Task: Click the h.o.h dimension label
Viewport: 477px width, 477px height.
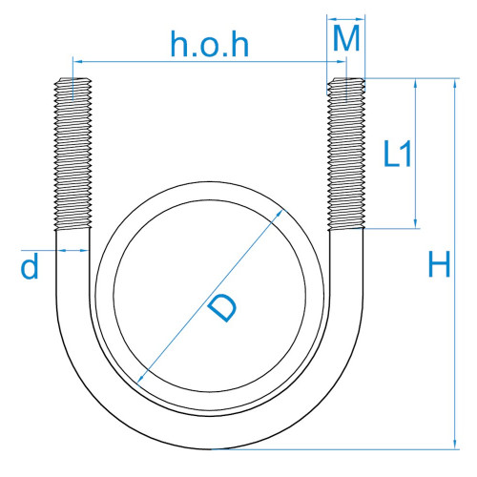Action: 210,44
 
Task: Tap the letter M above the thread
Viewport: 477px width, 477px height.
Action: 346,38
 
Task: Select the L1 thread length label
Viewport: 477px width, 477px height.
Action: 398,154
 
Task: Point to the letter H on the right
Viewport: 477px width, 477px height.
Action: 439,264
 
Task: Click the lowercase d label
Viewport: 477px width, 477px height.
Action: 30,266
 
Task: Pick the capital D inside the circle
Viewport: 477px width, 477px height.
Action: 222,308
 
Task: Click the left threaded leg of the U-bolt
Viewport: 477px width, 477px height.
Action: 73,154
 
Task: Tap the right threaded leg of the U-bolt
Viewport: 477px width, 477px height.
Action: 346,154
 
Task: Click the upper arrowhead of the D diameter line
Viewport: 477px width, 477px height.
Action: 279,214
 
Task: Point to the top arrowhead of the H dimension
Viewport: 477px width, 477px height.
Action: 455,83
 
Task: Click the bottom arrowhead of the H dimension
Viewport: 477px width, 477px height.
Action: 455,444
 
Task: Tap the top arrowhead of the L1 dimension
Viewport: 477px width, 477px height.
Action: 415,84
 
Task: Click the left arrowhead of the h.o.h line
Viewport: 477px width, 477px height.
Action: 78,61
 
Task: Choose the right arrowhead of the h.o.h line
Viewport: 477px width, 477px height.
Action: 341,61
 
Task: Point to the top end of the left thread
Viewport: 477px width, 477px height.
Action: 73,78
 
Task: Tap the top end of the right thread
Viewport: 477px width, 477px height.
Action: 346,78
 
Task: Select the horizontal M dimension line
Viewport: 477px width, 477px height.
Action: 346,19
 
